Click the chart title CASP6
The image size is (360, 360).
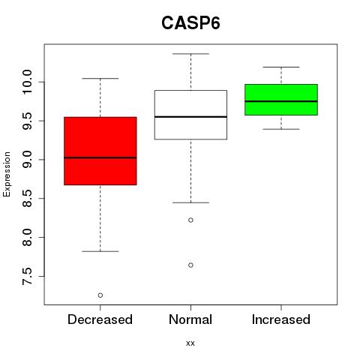click(190, 23)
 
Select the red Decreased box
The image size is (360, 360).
click(100, 151)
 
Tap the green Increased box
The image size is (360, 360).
click(281, 100)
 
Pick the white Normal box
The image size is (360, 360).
click(190, 115)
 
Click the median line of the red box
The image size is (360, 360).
click(100, 157)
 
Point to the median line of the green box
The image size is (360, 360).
click(281, 101)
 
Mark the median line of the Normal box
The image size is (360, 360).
click(190, 117)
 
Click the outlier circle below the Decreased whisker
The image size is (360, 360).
click(100, 295)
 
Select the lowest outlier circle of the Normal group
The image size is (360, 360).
click(190, 265)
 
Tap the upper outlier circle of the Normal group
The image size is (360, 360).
click(190, 220)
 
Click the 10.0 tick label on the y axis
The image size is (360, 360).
click(27, 82)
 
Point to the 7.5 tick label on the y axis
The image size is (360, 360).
click(27, 276)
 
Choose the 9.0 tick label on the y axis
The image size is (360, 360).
click(27, 160)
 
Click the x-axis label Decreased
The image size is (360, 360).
click(100, 319)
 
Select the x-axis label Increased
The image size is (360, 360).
click(281, 319)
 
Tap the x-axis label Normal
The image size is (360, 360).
click(190, 319)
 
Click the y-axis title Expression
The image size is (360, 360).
click(7, 174)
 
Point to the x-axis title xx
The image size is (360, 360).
click(190, 343)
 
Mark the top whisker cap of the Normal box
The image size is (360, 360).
click(190, 54)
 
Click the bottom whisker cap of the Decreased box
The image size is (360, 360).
click(100, 251)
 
